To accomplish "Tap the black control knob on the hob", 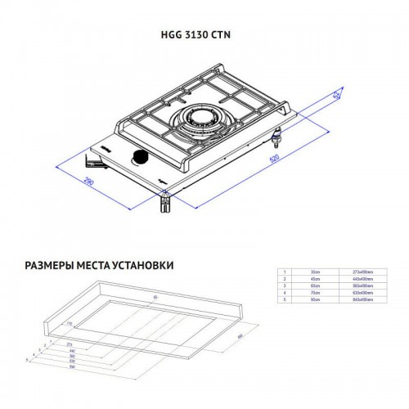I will coord(140,156).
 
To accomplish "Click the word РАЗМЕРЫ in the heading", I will coord(53,266).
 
